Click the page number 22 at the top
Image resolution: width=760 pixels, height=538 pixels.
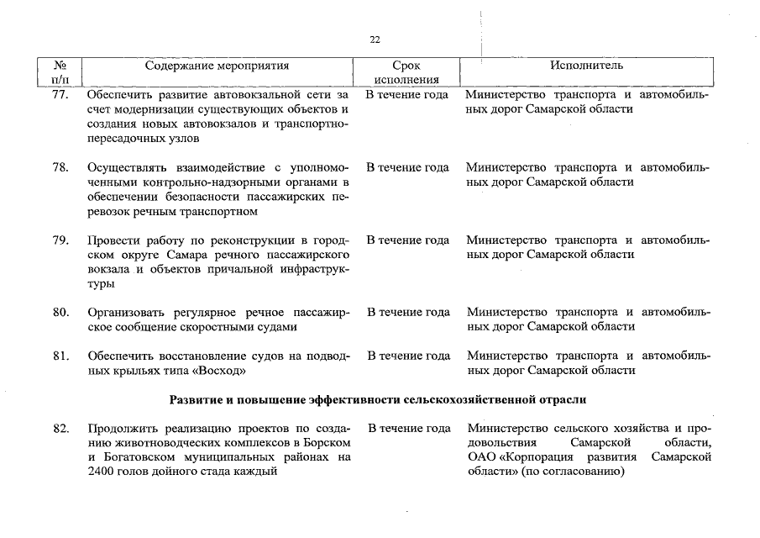point(375,40)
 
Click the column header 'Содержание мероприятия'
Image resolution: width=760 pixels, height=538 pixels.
point(217,66)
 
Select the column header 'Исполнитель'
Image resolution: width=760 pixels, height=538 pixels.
point(586,66)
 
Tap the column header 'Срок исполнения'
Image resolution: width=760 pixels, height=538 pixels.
point(406,73)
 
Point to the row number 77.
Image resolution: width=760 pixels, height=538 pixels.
point(60,95)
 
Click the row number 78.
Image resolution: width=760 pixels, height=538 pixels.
point(60,167)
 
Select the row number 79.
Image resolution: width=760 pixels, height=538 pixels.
point(60,240)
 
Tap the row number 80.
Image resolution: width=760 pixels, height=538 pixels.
point(60,313)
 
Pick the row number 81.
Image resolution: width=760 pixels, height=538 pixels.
point(60,356)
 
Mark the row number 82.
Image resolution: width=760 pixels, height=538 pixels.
point(60,429)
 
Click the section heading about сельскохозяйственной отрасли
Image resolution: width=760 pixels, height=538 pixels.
point(378,398)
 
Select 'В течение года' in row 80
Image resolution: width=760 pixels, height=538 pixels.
point(408,313)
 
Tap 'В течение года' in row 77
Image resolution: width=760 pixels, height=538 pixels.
point(407,95)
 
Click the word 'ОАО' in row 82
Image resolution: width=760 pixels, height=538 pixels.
point(483,457)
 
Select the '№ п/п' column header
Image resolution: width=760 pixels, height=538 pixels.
point(60,73)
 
